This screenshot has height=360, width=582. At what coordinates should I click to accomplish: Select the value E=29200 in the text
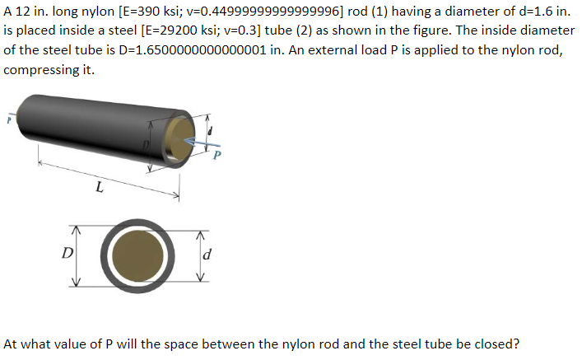(x=170, y=30)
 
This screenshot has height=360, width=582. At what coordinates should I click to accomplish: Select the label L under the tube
(x=99, y=187)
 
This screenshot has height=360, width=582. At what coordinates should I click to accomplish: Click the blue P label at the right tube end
(x=217, y=155)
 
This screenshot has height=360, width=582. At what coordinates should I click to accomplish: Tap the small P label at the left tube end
(x=9, y=120)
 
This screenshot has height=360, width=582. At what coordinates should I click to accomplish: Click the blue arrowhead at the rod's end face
(x=189, y=140)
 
